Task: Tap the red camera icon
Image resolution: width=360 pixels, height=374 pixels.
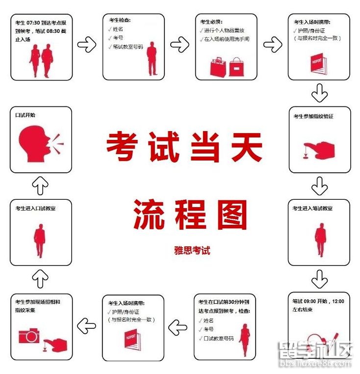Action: [29, 336]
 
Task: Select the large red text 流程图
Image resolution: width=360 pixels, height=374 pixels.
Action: [190, 215]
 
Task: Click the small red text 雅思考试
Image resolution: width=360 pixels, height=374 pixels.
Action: [192, 250]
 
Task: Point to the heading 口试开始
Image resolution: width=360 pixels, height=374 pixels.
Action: [25, 115]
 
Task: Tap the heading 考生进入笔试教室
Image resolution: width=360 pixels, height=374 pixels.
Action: [312, 208]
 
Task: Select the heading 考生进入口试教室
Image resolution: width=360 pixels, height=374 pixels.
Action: [35, 209]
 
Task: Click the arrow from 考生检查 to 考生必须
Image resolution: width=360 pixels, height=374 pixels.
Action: [180, 45]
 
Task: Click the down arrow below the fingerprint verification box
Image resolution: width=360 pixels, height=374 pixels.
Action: [319, 186]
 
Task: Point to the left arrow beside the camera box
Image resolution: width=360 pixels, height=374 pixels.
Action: [87, 324]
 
